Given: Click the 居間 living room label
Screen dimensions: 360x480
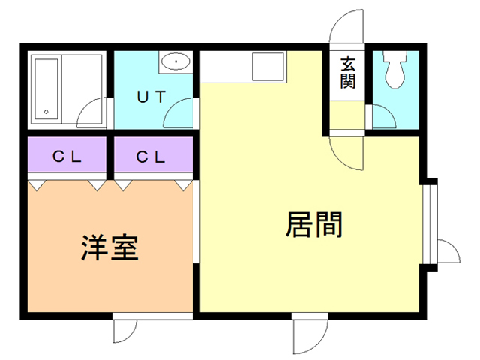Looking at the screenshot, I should click(x=314, y=224).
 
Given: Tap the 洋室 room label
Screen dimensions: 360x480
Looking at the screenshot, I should click(x=109, y=247).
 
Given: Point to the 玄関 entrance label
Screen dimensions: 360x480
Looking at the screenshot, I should click(x=347, y=72).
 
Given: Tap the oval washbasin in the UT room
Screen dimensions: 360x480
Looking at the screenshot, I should click(x=175, y=61).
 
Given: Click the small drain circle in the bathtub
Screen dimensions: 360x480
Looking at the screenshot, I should click(x=46, y=112).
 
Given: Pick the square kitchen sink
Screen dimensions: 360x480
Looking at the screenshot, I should click(x=268, y=67).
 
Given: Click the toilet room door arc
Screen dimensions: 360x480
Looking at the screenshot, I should click(x=385, y=116).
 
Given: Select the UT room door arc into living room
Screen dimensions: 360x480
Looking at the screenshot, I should click(x=179, y=116).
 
